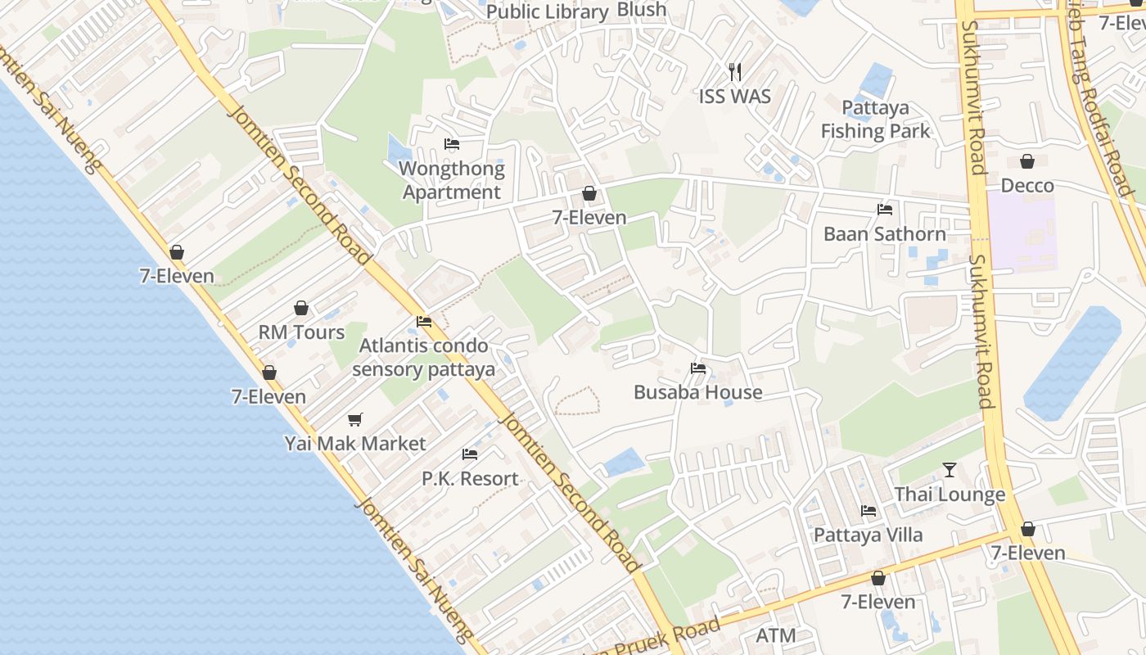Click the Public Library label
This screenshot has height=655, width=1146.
point(547,12)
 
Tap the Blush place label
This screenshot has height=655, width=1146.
point(642,10)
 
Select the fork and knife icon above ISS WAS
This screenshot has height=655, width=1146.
point(734,72)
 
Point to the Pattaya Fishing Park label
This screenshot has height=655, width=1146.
point(875,120)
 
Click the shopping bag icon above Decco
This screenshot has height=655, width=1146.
point(1026,161)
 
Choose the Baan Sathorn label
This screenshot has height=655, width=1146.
point(884,234)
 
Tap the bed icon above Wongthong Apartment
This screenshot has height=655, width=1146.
point(451,144)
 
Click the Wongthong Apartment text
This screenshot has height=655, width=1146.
point(451,181)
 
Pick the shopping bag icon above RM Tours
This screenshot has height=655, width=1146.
point(301,308)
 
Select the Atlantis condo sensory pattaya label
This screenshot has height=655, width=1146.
point(424,358)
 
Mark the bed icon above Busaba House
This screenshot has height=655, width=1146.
point(697,368)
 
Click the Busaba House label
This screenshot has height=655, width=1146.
point(697,392)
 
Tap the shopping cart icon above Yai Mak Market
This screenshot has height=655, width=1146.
point(354,419)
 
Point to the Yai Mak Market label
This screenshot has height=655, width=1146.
point(355,444)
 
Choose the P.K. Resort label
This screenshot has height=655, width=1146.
point(470,479)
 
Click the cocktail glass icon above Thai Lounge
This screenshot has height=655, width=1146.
point(949,470)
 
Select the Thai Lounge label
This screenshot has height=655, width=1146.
point(950,495)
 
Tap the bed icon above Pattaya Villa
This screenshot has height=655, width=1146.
point(868,511)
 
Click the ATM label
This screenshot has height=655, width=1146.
point(775,635)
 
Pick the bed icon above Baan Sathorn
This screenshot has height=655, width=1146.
point(884,210)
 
